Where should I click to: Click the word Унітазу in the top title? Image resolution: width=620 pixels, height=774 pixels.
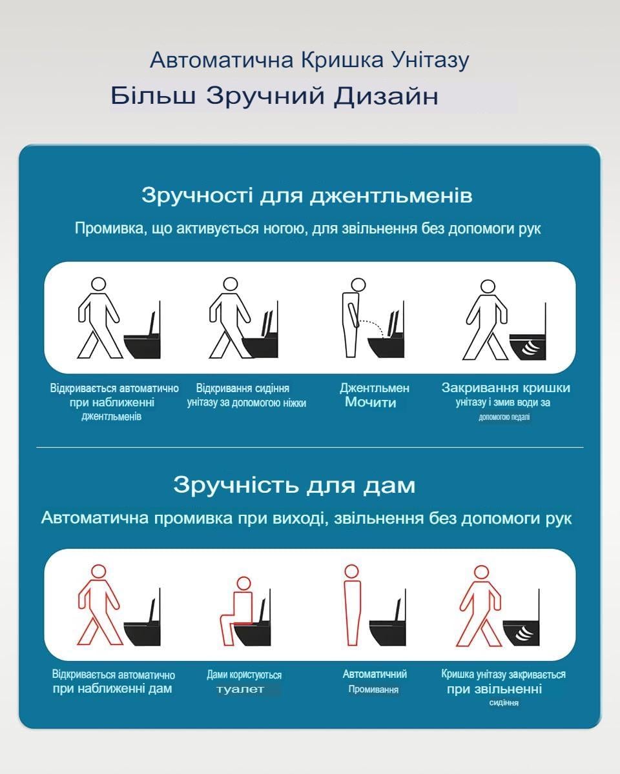point(430,61)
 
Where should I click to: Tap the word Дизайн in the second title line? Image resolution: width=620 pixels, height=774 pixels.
point(386,96)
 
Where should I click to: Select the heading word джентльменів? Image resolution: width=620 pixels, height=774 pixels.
point(391,196)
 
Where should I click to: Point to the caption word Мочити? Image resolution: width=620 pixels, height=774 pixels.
point(370,402)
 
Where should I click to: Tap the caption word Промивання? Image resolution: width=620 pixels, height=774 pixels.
point(373,689)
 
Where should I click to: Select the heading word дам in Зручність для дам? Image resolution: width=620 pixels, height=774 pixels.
point(389,486)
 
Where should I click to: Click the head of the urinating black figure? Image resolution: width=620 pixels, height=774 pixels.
point(358,285)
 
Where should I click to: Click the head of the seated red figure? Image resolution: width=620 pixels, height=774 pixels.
point(244,583)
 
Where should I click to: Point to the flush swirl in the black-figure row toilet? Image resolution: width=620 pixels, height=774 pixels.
point(530,348)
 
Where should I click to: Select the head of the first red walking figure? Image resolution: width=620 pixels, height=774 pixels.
point(99,571)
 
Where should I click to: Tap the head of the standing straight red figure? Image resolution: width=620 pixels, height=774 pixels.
point(351,571)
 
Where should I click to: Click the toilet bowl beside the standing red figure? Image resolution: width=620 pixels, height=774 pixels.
point(387,633)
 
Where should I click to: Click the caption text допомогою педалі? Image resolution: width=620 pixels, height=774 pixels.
point(504,417)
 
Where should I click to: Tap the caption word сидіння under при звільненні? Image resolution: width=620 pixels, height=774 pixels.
point(504,702)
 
